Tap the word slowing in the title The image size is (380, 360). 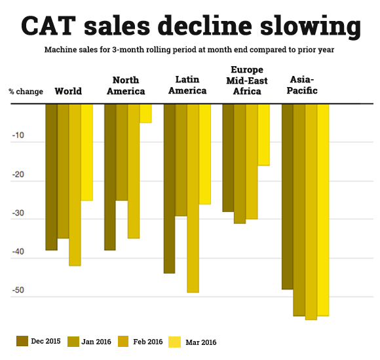(307, 27)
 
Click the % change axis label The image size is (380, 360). (26, 91)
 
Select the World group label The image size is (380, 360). (68, 91)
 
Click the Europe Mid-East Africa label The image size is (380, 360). (246, 81)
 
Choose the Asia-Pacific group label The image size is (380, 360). (303, 86)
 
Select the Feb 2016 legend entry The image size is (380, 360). (141, 341)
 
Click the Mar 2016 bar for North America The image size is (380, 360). (145, 113)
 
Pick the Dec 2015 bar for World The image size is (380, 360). (51, 177)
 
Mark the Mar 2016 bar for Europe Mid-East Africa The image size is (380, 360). (263, 134)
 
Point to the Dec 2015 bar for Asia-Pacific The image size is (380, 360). (287, 196)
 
